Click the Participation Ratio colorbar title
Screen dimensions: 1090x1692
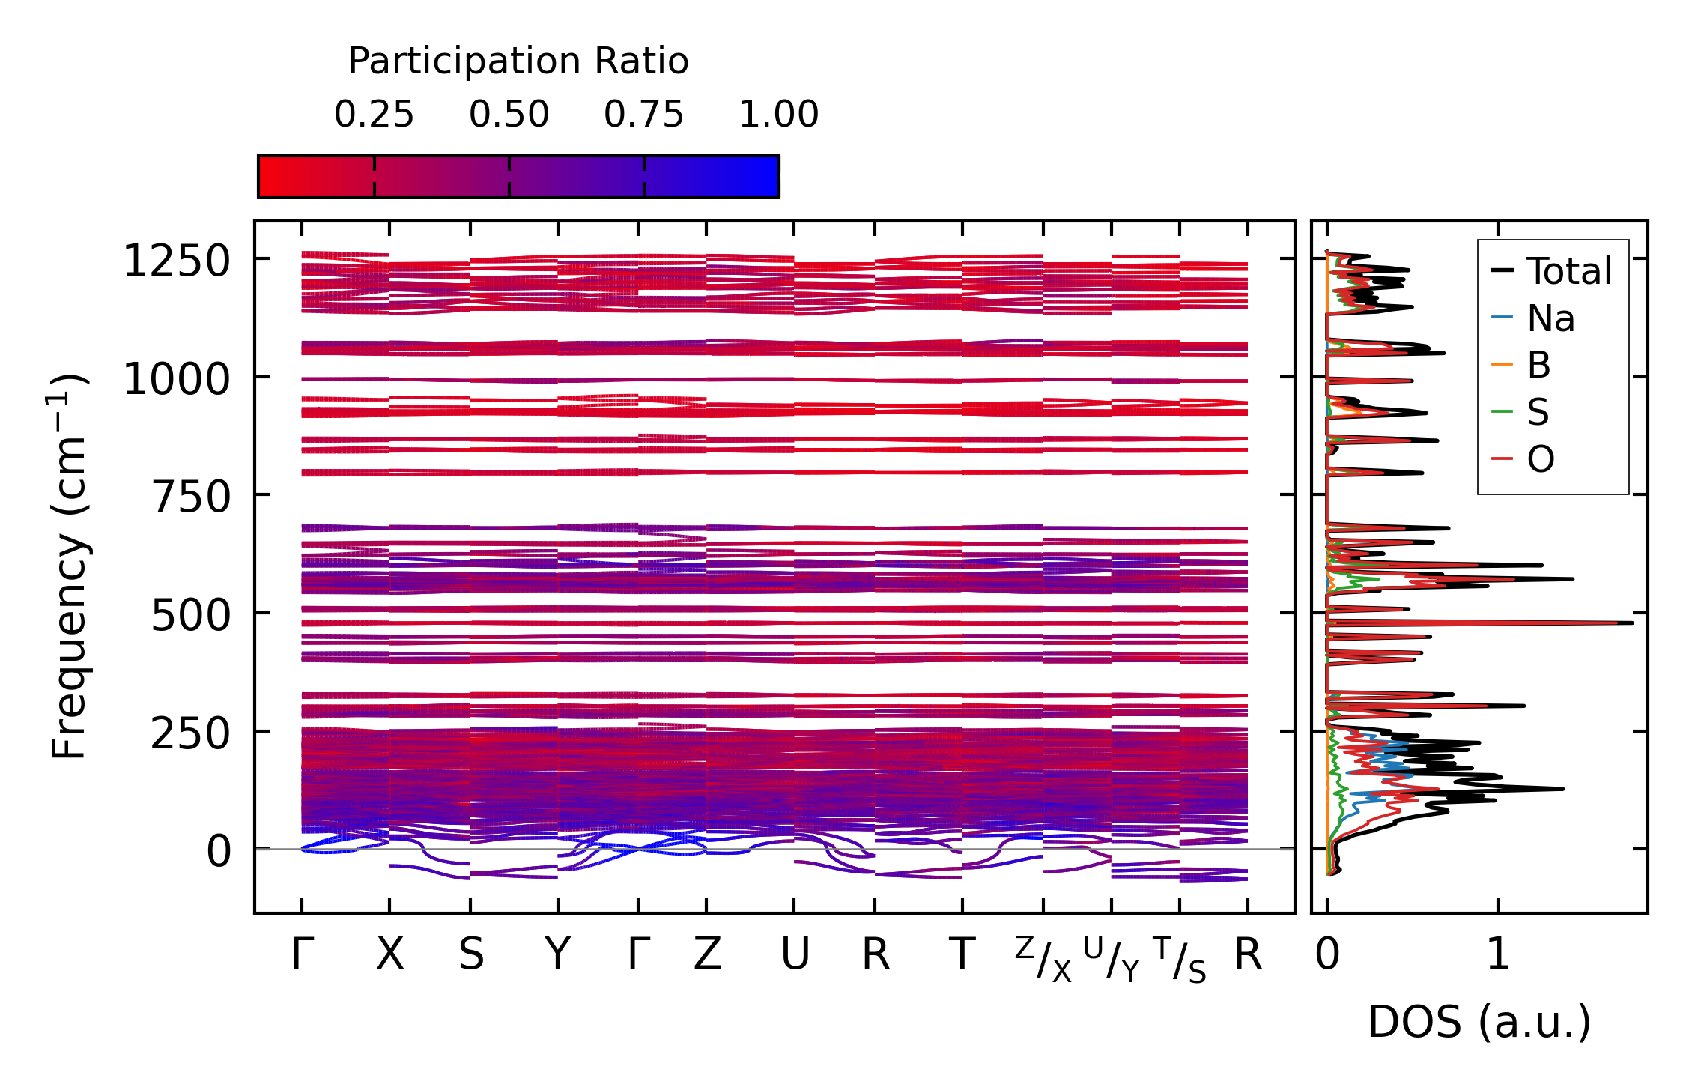(518, 61)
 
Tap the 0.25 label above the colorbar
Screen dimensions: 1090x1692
(374, 115)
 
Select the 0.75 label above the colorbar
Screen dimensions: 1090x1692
(643, 115)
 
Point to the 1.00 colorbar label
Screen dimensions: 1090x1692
(778, 115)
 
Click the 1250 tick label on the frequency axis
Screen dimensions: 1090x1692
(176, 261)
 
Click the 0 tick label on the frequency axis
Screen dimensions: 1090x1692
(219, 852)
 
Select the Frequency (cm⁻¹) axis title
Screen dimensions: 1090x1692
(69, 567)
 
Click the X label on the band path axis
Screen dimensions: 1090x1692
(389, 955)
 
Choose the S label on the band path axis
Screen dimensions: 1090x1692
(470, 955)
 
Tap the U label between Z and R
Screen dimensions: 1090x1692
(795, 955)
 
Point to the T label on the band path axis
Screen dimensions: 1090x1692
(962, 955)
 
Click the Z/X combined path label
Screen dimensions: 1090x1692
(1043, 959)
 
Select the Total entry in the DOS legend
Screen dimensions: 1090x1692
(1568, 271)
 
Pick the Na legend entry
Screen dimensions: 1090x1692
(1550, 318)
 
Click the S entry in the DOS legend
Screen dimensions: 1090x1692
(1538, 412)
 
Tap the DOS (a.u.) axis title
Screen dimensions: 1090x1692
(1479, 1023)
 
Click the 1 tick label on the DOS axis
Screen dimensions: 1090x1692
(1498, 955)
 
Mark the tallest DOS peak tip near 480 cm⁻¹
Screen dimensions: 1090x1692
(1631, 623)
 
